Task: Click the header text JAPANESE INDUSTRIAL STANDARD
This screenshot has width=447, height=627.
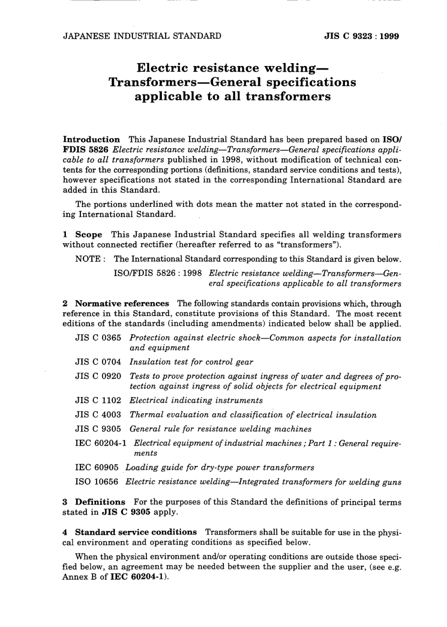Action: pos(142,36)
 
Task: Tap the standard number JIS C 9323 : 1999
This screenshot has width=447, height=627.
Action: pos(361,36)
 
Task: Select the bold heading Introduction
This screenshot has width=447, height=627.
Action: pos(91,139)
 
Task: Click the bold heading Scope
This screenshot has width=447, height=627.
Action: pos(88,235)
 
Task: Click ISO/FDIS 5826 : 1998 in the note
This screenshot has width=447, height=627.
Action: pos(158,273)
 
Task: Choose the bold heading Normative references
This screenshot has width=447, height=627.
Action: pos(122,304)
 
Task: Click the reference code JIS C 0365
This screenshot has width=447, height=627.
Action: pos(98,338)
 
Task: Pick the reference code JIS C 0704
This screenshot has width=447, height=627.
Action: pos(98,362)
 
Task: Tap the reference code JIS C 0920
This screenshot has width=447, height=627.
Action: pos(98,376)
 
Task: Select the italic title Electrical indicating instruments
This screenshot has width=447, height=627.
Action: pos(196,400)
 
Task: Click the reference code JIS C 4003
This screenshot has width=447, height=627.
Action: pos(98,415)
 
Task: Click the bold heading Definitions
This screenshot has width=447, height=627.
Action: pos(100,502)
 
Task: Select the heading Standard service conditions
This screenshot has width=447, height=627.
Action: pos(136,532)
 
